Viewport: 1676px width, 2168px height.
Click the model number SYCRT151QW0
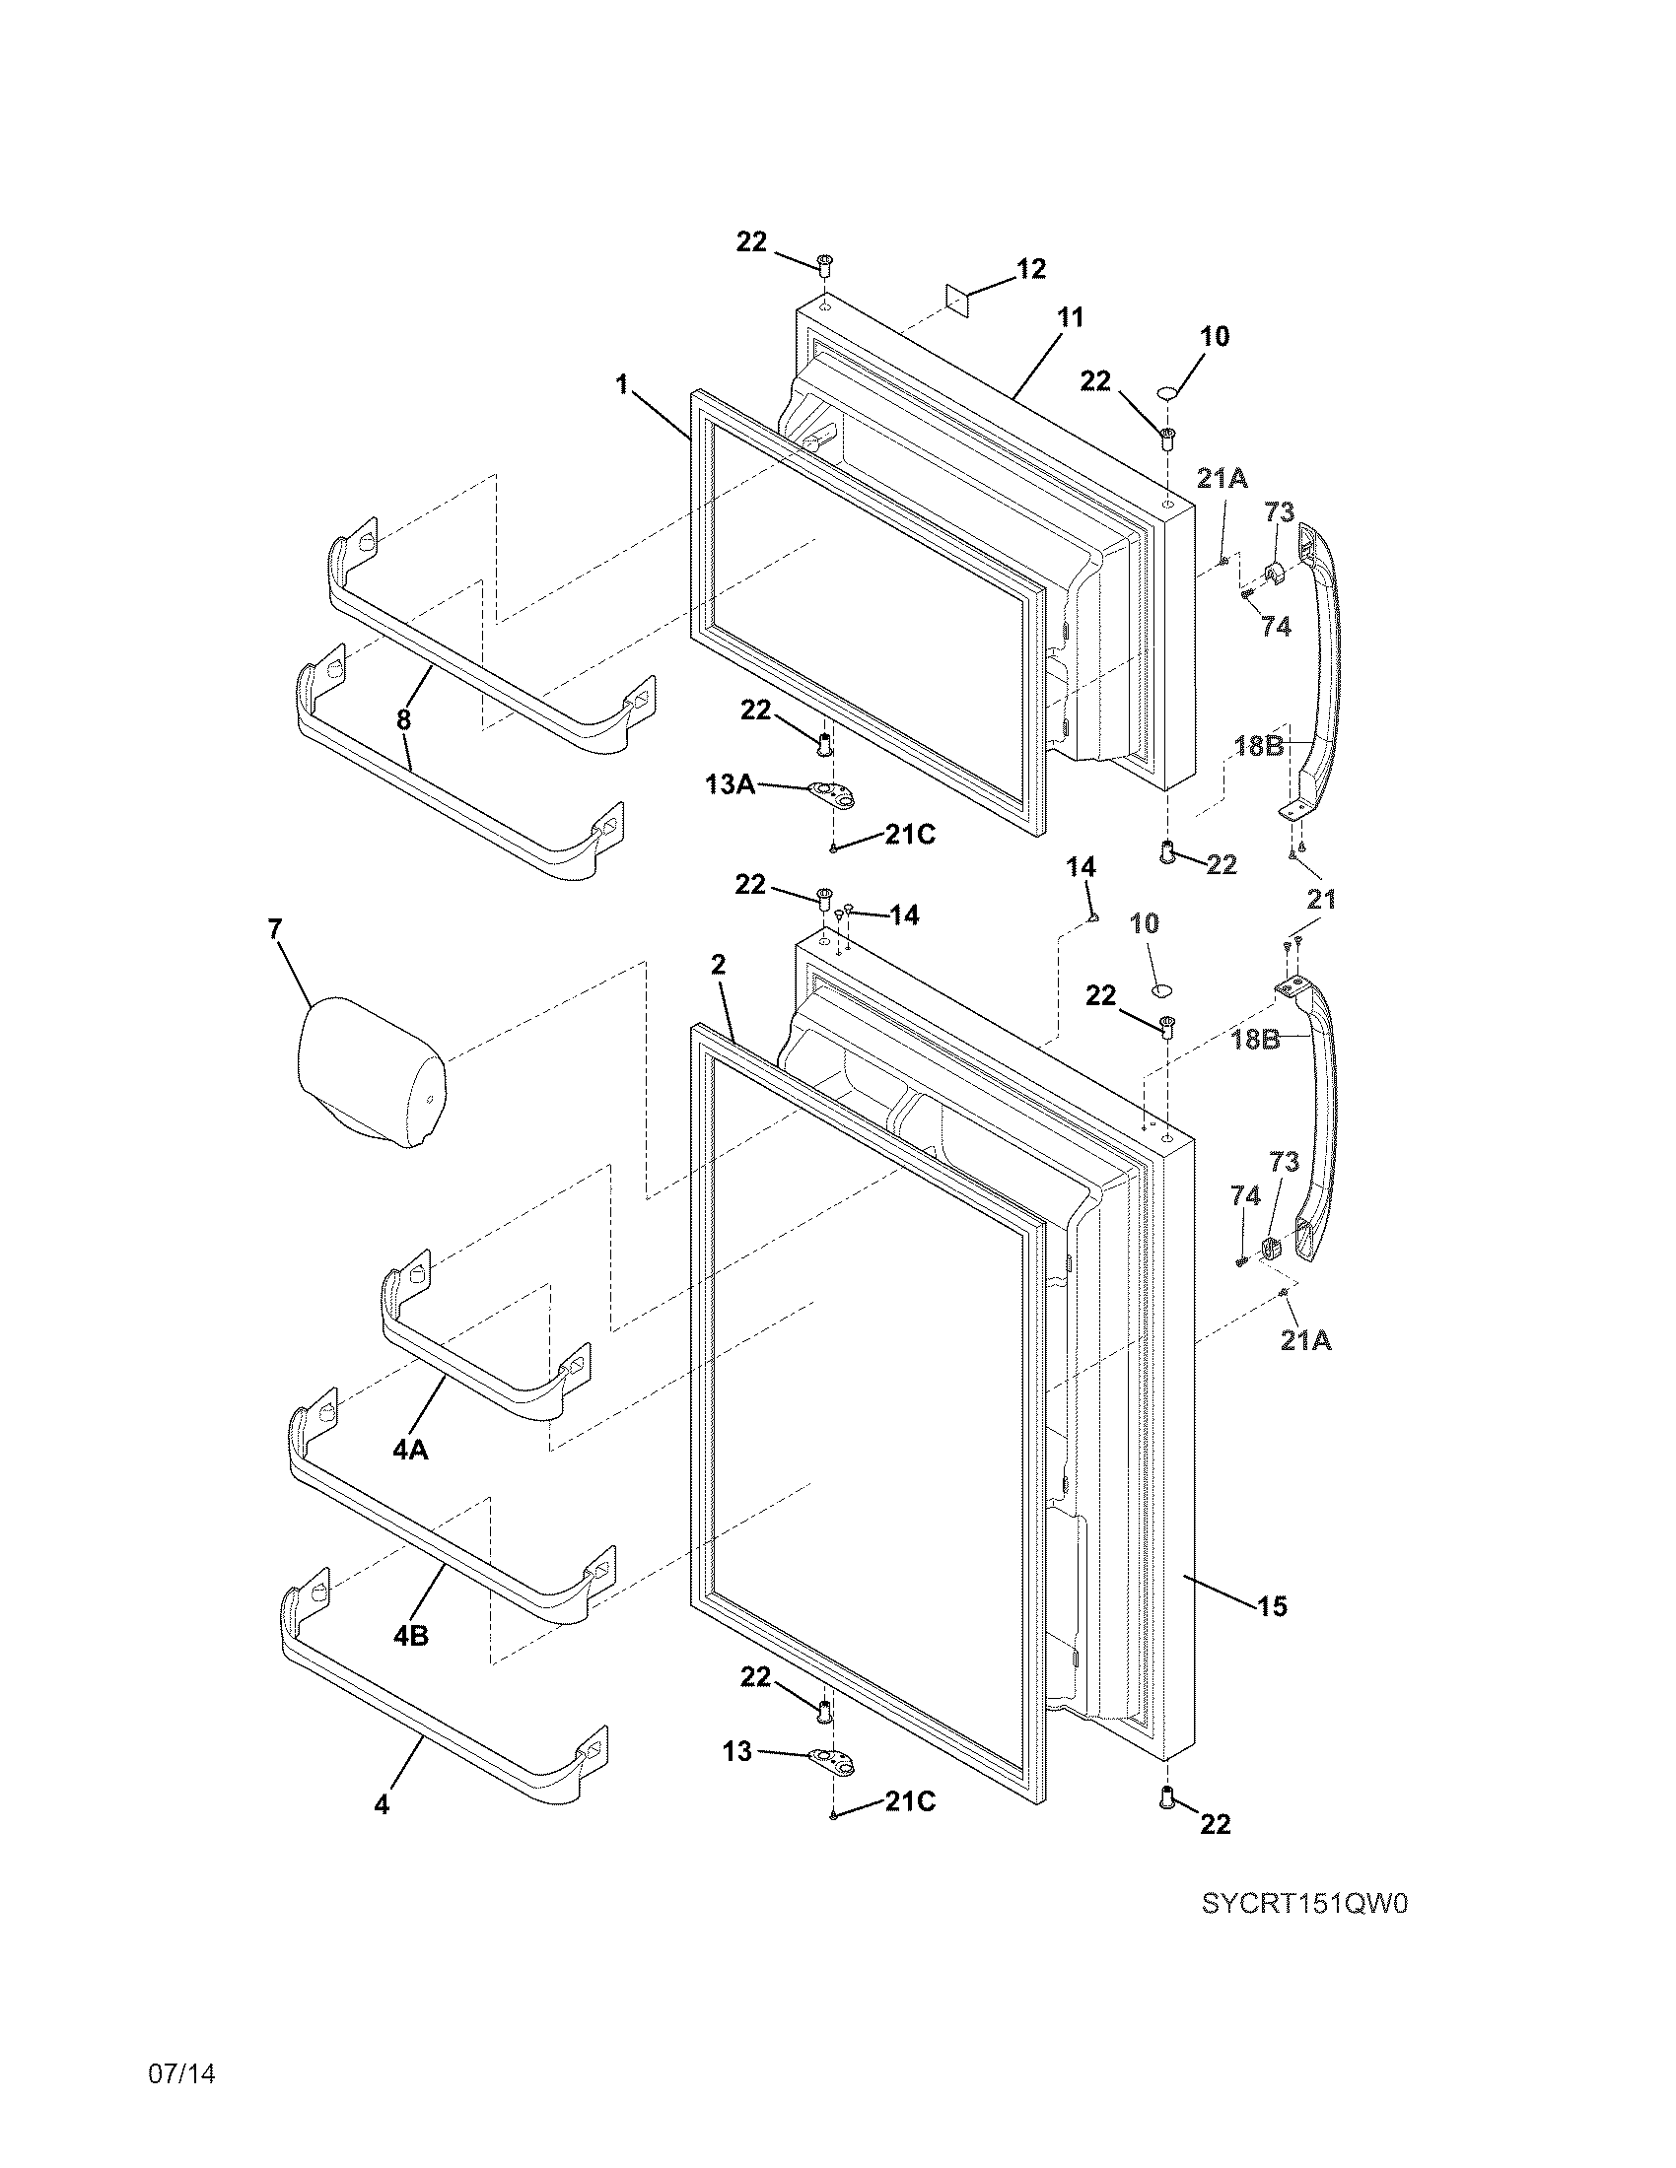[x=1304, y=1904]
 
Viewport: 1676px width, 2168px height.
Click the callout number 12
[x=1030, y=269]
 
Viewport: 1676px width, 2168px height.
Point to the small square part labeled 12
[x=957, y=299]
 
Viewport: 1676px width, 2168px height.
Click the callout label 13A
[x=729, y=784]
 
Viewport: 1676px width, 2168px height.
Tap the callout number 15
[x=1272, y=1605]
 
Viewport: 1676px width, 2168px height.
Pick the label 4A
[x=409, y=1451]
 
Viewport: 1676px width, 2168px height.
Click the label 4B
[x=409, y=1635]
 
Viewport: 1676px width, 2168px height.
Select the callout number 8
[x=403, y=719]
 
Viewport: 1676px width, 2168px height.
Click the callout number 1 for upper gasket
[x=621, y=384]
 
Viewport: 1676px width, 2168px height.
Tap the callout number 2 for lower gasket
[x=718, y=963]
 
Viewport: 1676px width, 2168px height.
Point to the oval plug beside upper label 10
[x=1168, y=394]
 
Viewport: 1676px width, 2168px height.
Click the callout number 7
[x=275, y=929]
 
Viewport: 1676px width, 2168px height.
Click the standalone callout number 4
[x=382, y=1804]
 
